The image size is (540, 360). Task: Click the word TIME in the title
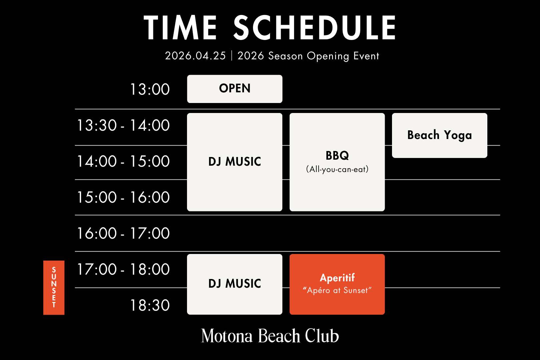180,28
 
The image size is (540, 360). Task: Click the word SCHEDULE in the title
314,28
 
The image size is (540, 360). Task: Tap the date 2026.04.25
195,56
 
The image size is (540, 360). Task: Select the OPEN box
235,89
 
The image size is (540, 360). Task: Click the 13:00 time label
150,89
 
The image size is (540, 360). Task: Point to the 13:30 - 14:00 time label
123,126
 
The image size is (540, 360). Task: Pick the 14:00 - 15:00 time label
123,162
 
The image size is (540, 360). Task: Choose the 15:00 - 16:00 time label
123,197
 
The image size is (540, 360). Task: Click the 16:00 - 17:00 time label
123,233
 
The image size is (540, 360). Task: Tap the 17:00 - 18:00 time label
123,269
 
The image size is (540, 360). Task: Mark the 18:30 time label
150,305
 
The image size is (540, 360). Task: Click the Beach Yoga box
439,135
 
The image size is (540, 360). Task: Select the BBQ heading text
337,155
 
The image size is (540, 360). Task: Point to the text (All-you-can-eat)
337,169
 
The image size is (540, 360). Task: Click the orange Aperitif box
337,284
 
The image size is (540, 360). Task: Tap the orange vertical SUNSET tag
54,287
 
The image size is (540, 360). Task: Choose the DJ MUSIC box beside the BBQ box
235,162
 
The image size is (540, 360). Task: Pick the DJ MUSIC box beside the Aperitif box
235,284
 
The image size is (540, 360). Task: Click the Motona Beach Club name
270,336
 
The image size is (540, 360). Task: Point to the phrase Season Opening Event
323,56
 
